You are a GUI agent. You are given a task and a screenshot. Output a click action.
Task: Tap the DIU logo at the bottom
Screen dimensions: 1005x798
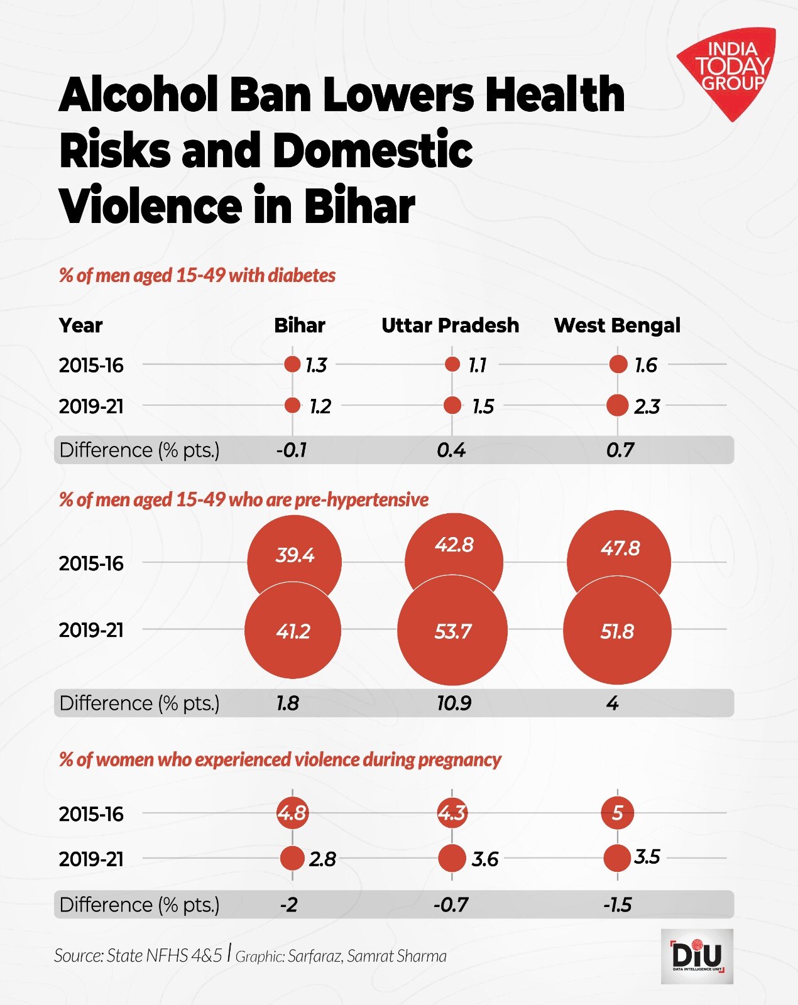pyautogui.click(x=697, y=956)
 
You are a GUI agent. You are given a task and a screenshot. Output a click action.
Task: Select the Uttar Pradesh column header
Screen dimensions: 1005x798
pyautogui.click(x=450, y=325)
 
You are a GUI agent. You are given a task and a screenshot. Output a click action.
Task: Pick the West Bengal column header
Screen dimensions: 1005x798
pyautogui.click(x=616, y=325)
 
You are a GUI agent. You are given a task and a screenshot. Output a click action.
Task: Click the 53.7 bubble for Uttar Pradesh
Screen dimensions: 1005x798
pyautogui.click(x=452, y=631)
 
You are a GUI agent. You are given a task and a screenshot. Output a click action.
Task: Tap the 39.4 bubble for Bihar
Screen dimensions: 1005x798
pyautogui.click(x=294, y=556)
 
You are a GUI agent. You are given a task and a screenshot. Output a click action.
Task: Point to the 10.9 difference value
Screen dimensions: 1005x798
pyautogui.click(x=454, y=703)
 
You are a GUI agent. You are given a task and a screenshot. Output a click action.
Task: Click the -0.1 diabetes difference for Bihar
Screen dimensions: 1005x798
pyautogui.click(x=291, y=450)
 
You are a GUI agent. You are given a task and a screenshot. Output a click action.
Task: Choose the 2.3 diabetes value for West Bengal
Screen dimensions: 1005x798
pyautogui.click(x=646, y=406)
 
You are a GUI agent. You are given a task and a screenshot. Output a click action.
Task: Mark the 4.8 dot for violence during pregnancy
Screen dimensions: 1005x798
pyautogui.click(x=292, y=813)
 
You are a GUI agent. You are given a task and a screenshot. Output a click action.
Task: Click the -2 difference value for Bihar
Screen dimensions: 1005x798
pyautogui.click(x=288, y=905)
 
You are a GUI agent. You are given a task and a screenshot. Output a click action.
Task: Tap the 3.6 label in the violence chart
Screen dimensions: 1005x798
pyautogui.click(x=484, y=859)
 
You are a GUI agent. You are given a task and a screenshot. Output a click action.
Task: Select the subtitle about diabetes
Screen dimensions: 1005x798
pyautogui.click(x=197, y=275)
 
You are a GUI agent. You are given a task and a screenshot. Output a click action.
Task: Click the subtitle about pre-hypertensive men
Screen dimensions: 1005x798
pyautogui.click(x=243, y=499)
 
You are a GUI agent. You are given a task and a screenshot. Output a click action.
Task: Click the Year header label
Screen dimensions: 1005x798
pyautogui.click(x=80, y=325)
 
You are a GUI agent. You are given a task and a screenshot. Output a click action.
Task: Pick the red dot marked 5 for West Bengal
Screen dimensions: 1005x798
pyautogui.click(x=617, y=813)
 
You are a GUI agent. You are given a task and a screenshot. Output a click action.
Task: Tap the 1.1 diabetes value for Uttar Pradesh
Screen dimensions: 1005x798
pyautogui.click(x=477, y=365)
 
